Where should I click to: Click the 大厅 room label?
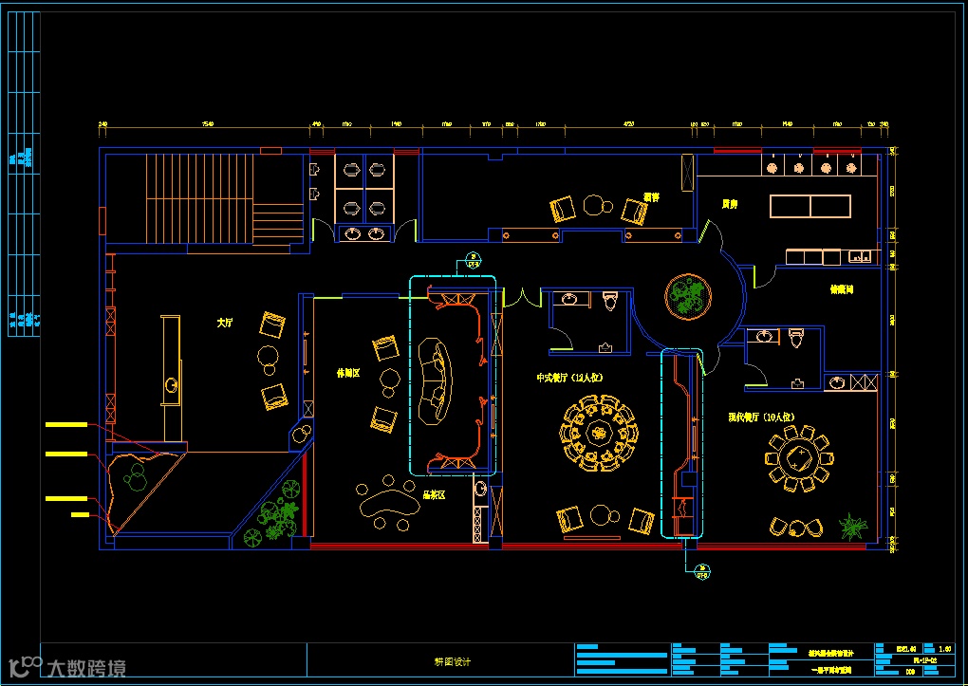click(224, 324)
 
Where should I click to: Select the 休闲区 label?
click(348, 373)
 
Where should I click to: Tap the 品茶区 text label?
click(434, 494)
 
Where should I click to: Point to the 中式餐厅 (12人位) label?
click(570, 378)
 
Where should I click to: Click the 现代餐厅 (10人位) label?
click(760, 417)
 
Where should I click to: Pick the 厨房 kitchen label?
click(730, 204)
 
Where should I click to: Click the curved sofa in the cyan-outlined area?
click(437, 380)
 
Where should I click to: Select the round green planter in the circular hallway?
click(686, 296)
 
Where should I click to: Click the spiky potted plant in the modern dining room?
click(852, 526)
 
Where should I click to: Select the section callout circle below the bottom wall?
click(702, 573)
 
